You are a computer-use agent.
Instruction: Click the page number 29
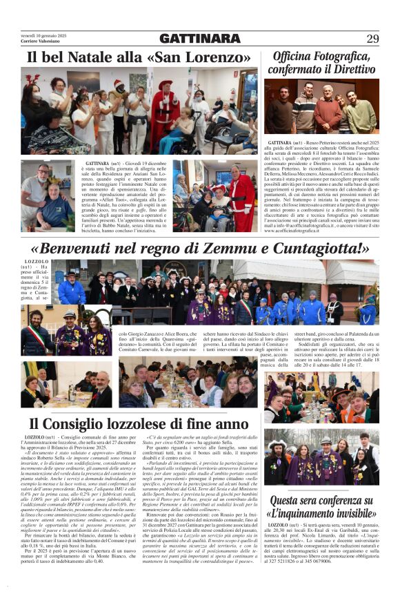coord(372,38)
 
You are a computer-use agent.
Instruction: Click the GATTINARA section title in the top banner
coord(199,39)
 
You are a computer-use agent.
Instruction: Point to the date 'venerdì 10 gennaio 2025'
coord(44,35)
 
